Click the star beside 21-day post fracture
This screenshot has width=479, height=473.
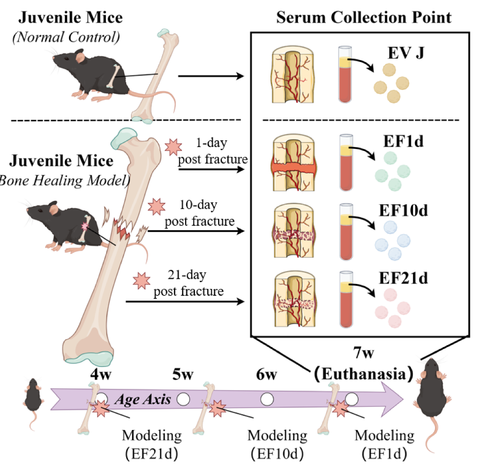point(140,279)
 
